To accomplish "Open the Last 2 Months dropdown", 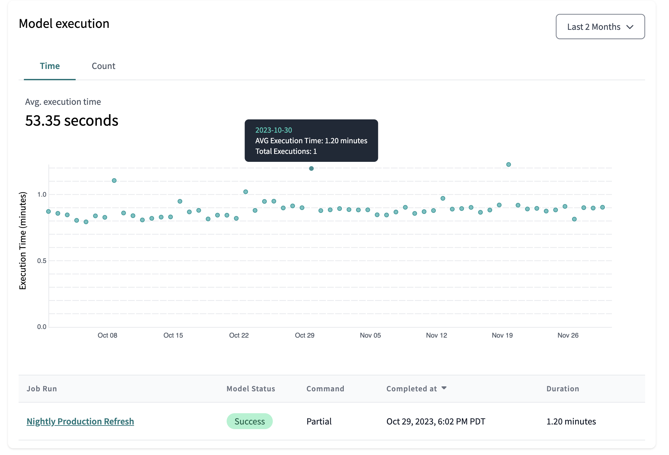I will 600,27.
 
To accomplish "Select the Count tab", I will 104,66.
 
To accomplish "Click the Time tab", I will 50,66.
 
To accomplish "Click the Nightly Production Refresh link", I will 80,421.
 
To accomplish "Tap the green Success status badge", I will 250,421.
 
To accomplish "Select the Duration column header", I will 562,389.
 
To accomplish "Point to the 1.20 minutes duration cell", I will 571,421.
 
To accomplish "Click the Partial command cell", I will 319,421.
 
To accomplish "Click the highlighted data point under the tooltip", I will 311,168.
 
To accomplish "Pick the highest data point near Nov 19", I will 508,164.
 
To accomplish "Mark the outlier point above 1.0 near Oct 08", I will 114,181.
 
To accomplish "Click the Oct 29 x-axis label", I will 304,335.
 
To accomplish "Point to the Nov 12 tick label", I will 436,335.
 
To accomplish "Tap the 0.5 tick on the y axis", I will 42,261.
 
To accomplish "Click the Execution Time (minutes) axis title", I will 23,241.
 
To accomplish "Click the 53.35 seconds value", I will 72,121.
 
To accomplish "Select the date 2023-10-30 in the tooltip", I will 273,130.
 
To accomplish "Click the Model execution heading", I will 64,24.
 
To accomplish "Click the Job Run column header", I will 42,389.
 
